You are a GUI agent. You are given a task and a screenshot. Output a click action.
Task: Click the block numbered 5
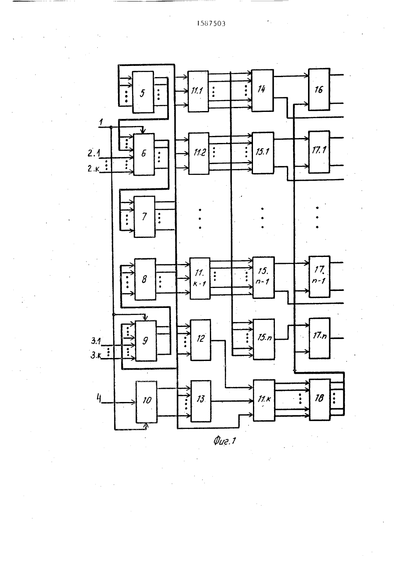pos(143,92)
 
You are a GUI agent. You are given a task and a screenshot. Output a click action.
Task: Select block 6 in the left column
pos(144,154)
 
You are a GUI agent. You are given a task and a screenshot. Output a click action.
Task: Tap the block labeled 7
pos(144,217)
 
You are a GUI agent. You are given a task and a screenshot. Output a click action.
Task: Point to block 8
pos(145,279)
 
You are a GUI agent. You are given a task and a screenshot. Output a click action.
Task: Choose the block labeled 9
pos(146,341)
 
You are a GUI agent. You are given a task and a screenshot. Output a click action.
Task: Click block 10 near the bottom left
pos(147,402)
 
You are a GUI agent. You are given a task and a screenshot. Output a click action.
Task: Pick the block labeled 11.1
pos(198,91)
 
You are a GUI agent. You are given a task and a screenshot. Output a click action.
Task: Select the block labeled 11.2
pos(199,153)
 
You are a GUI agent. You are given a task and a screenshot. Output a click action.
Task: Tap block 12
pos(200,340)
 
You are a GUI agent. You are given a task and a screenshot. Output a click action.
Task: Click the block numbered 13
pos(201,401)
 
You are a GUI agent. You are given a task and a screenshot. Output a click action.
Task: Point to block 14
pos(262,90)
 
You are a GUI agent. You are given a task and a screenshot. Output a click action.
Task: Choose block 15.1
pos(263,153)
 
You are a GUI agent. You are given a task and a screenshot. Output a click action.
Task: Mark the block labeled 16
pos(319,90)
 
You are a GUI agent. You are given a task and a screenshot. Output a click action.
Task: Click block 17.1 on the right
pos(319,152)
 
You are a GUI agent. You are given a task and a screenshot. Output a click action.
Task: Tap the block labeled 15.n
pos(264,339)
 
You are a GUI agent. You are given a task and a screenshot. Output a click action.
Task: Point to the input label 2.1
pos(94,153)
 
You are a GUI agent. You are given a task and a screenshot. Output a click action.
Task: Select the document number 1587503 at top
pos(211,24)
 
